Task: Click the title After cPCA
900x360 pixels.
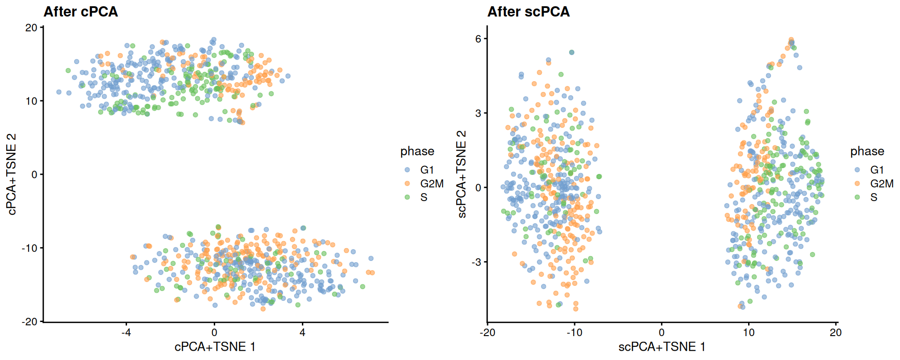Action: click(x=80, y=11)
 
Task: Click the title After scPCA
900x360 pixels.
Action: click(x=528, y=11)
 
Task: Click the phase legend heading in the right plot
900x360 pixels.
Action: click(x=867, y=151)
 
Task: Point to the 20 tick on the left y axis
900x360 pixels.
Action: click(x=31, y=28)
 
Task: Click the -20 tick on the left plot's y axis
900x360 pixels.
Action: click(x=30, y=322)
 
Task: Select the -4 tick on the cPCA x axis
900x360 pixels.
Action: click(x=126, y=332)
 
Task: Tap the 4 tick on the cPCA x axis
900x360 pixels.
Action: click(x=302, y=332)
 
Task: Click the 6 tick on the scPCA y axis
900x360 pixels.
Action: click(x=478, y=39)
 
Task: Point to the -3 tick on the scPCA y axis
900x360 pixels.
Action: click(x=476, y=262)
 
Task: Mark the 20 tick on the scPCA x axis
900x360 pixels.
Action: click(x=835, y=332)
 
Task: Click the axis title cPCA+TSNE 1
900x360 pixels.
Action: click(x=215, y=347)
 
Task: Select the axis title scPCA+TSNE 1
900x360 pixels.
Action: click(x=661, y=347)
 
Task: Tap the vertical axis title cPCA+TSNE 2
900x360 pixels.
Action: click(x=12, y=174)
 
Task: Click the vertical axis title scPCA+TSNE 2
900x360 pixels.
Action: click(x=462, y=174)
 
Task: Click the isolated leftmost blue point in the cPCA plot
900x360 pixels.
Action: click(x=59, y=92)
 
